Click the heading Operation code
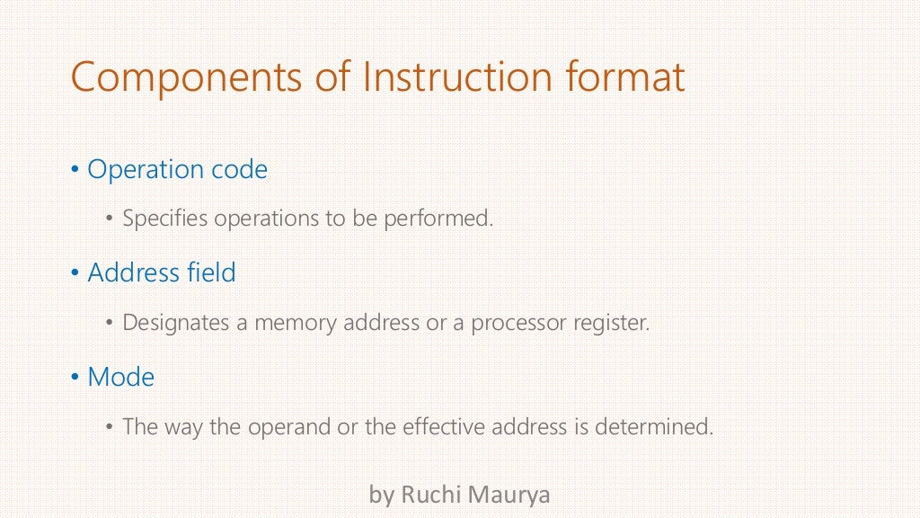[x=177, y=169]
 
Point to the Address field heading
[x=162, y=272]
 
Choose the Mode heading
[x=120, y=377]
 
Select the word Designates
[x=176, y=322]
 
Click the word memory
[x=293, y=322]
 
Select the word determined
[x=654, y=426]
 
